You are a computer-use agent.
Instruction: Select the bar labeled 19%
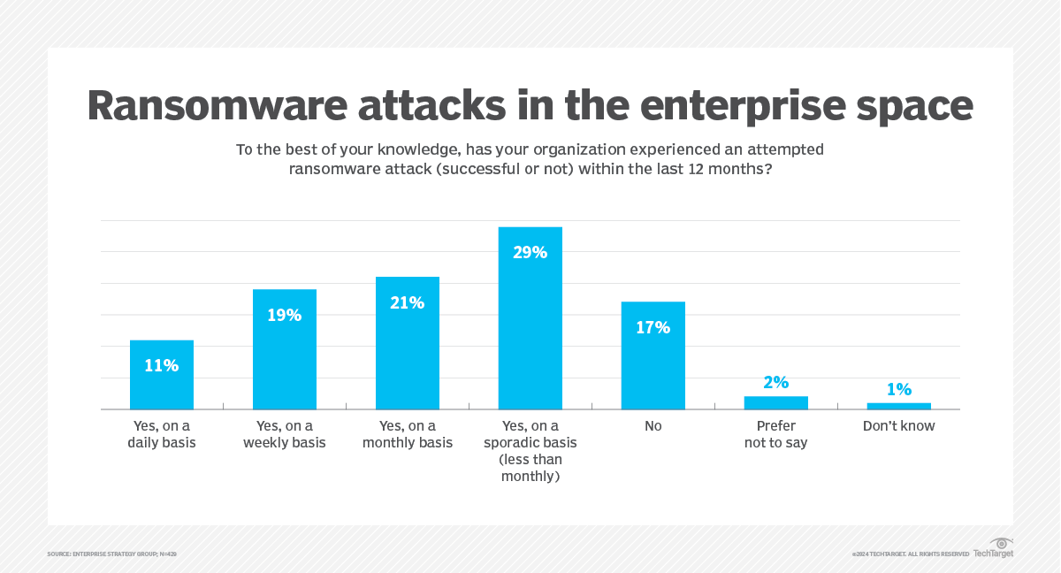coord(285,354)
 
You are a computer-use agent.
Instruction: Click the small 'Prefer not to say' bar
coord(776,402)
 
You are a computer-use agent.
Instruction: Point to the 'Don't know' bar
coord(899,406)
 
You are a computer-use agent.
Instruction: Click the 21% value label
coord(408,302)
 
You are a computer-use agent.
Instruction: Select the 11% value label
coord(162,365)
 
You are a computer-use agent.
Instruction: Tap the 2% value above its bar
coord(776,382)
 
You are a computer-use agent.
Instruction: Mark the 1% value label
coord(899,389)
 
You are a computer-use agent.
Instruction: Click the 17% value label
coord(653,327)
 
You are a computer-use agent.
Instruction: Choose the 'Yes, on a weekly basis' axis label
coord(285,434)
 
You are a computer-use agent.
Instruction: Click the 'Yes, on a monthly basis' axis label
coord(408,434)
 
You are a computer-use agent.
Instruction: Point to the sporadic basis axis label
coord(530,451)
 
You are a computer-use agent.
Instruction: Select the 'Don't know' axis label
coord(899,426)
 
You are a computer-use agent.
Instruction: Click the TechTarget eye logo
coord(1002,543)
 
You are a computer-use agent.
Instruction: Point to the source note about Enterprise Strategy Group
coord(112,554)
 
